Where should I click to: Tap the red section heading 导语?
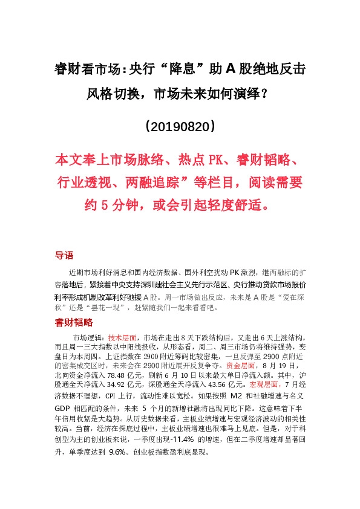64,255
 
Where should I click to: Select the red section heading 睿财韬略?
73,322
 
